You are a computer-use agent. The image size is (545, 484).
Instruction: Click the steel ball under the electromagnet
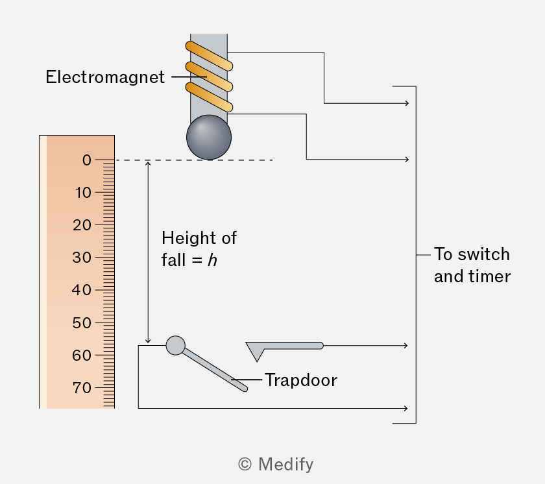click(209, 138)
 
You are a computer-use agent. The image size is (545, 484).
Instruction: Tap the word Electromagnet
click(105, 77)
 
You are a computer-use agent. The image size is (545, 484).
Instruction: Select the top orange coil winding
click(209, 56)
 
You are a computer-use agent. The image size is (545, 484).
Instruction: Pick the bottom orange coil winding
click(209, 97)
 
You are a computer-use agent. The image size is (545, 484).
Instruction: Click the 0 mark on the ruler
click(87, 160)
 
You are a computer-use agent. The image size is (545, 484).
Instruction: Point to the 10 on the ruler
click(84, 193)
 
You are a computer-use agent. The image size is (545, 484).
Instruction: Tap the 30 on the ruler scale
click(82, 258)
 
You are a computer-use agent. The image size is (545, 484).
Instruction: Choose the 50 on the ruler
click(82, 323)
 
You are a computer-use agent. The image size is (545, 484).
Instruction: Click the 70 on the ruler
click(82, 388)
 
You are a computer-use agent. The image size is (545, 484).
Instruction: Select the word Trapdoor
click(301, 380)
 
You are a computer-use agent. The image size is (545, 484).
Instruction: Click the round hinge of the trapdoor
click(176, 345)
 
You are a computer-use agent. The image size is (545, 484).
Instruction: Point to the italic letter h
click(212, 260)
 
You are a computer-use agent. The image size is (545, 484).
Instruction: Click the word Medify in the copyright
click(285, 464)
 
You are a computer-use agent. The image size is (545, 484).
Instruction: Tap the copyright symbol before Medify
click(245, 464)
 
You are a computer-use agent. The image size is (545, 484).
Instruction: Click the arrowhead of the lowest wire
click(406, 408)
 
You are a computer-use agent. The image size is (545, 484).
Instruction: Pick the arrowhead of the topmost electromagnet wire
click(407, 103)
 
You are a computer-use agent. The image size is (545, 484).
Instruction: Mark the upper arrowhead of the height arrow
click(148, 163)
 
